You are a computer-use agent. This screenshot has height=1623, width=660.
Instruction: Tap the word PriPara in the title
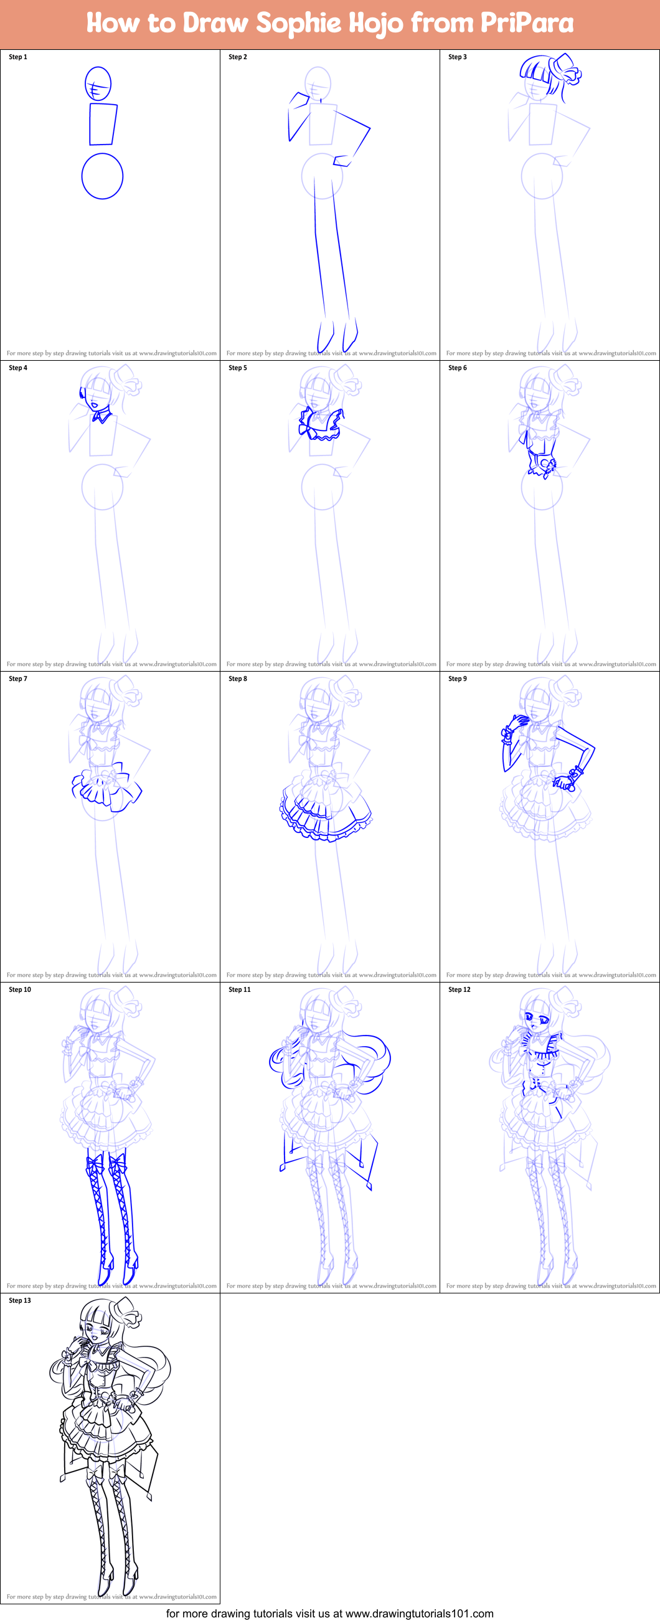tap(527, 24)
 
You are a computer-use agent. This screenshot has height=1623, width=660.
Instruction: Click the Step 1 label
tap(17, 57)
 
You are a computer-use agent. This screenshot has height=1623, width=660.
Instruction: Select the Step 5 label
tap(237, 368)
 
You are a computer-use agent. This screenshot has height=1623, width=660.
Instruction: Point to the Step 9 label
tap(457, 678)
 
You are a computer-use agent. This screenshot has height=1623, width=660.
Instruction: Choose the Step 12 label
tap(459, 989)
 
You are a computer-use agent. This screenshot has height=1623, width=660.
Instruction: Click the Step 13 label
tap(19, 1300)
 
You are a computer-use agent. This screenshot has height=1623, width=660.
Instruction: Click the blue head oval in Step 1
tap(98, 83)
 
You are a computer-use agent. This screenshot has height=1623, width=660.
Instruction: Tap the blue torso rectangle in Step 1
tap(103, 124)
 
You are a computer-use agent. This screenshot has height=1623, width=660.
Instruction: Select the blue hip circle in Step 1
tap(102, 176)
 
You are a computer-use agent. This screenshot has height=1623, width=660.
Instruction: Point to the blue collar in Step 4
tap(101, 416)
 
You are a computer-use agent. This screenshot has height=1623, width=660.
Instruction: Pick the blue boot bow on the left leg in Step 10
tap(95, 1163)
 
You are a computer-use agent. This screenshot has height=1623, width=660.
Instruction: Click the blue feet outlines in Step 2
tap(337, 336)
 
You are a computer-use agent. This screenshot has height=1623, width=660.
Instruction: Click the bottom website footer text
tap(330, 1613)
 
